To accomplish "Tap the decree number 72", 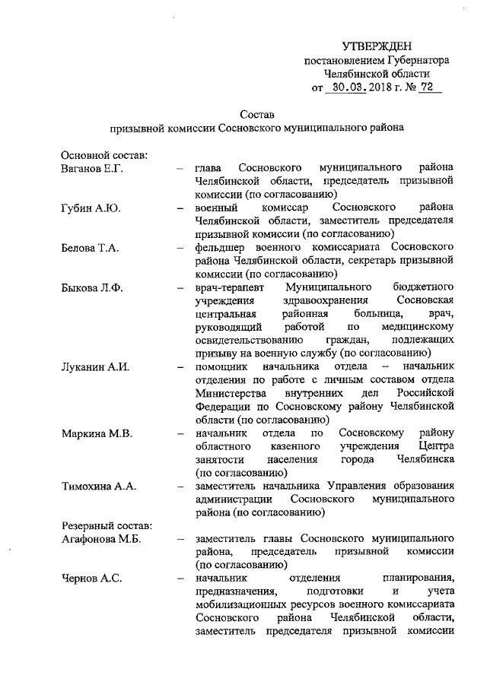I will coord(428,88).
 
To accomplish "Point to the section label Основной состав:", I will coord(103,155).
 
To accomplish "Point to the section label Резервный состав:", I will coord(106,525).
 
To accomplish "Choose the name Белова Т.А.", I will coord(88,248).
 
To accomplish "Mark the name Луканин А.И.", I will coord(94,367).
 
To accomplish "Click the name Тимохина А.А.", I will coord(98,487).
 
